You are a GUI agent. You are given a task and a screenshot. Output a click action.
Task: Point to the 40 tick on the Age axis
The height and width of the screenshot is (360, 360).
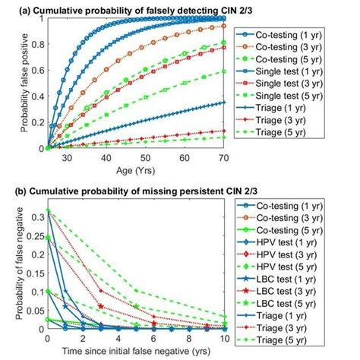click(87, 157)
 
